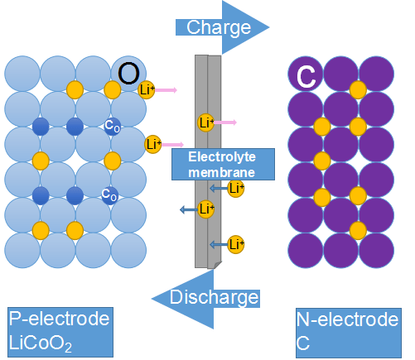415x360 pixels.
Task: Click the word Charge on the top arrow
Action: [x=219, y=27]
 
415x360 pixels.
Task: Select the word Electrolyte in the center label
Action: [x=222, y=156]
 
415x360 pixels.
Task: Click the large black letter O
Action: [x=128, y=74]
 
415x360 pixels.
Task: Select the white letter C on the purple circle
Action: [x=306, y=77]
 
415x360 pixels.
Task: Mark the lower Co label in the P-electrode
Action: [x=109, y=194]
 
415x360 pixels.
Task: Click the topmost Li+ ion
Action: [x=147, y=89]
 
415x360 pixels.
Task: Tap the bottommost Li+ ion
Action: [x=236, y=244]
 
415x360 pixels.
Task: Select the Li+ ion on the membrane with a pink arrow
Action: [x=205, y=123]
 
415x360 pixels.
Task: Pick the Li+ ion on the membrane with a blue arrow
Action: [x=205, y=209]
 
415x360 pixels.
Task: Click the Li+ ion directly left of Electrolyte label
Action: [x=152, y=144]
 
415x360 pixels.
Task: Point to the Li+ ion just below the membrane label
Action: [x=236, y=189]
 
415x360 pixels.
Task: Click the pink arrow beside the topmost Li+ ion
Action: [x=166, y=89]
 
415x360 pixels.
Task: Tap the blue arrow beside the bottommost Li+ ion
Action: [x=218, y=244]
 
